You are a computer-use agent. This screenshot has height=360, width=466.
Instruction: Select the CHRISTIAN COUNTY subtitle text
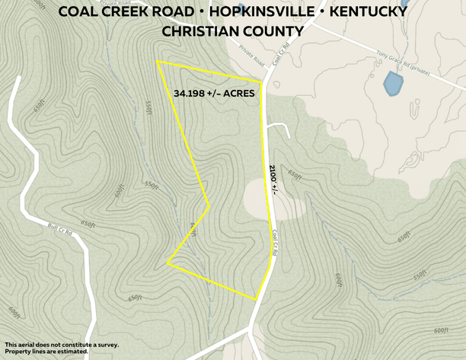[x=232, y=31]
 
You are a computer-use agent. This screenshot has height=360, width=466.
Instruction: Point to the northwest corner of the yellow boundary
[x=157, y=62]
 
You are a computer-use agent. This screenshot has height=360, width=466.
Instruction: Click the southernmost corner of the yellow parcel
[x=257, y=299]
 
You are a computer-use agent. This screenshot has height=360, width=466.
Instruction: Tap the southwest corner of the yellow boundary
[x=168, y=263]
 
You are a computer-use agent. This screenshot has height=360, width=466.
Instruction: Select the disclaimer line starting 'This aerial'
[x=61, y=345]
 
